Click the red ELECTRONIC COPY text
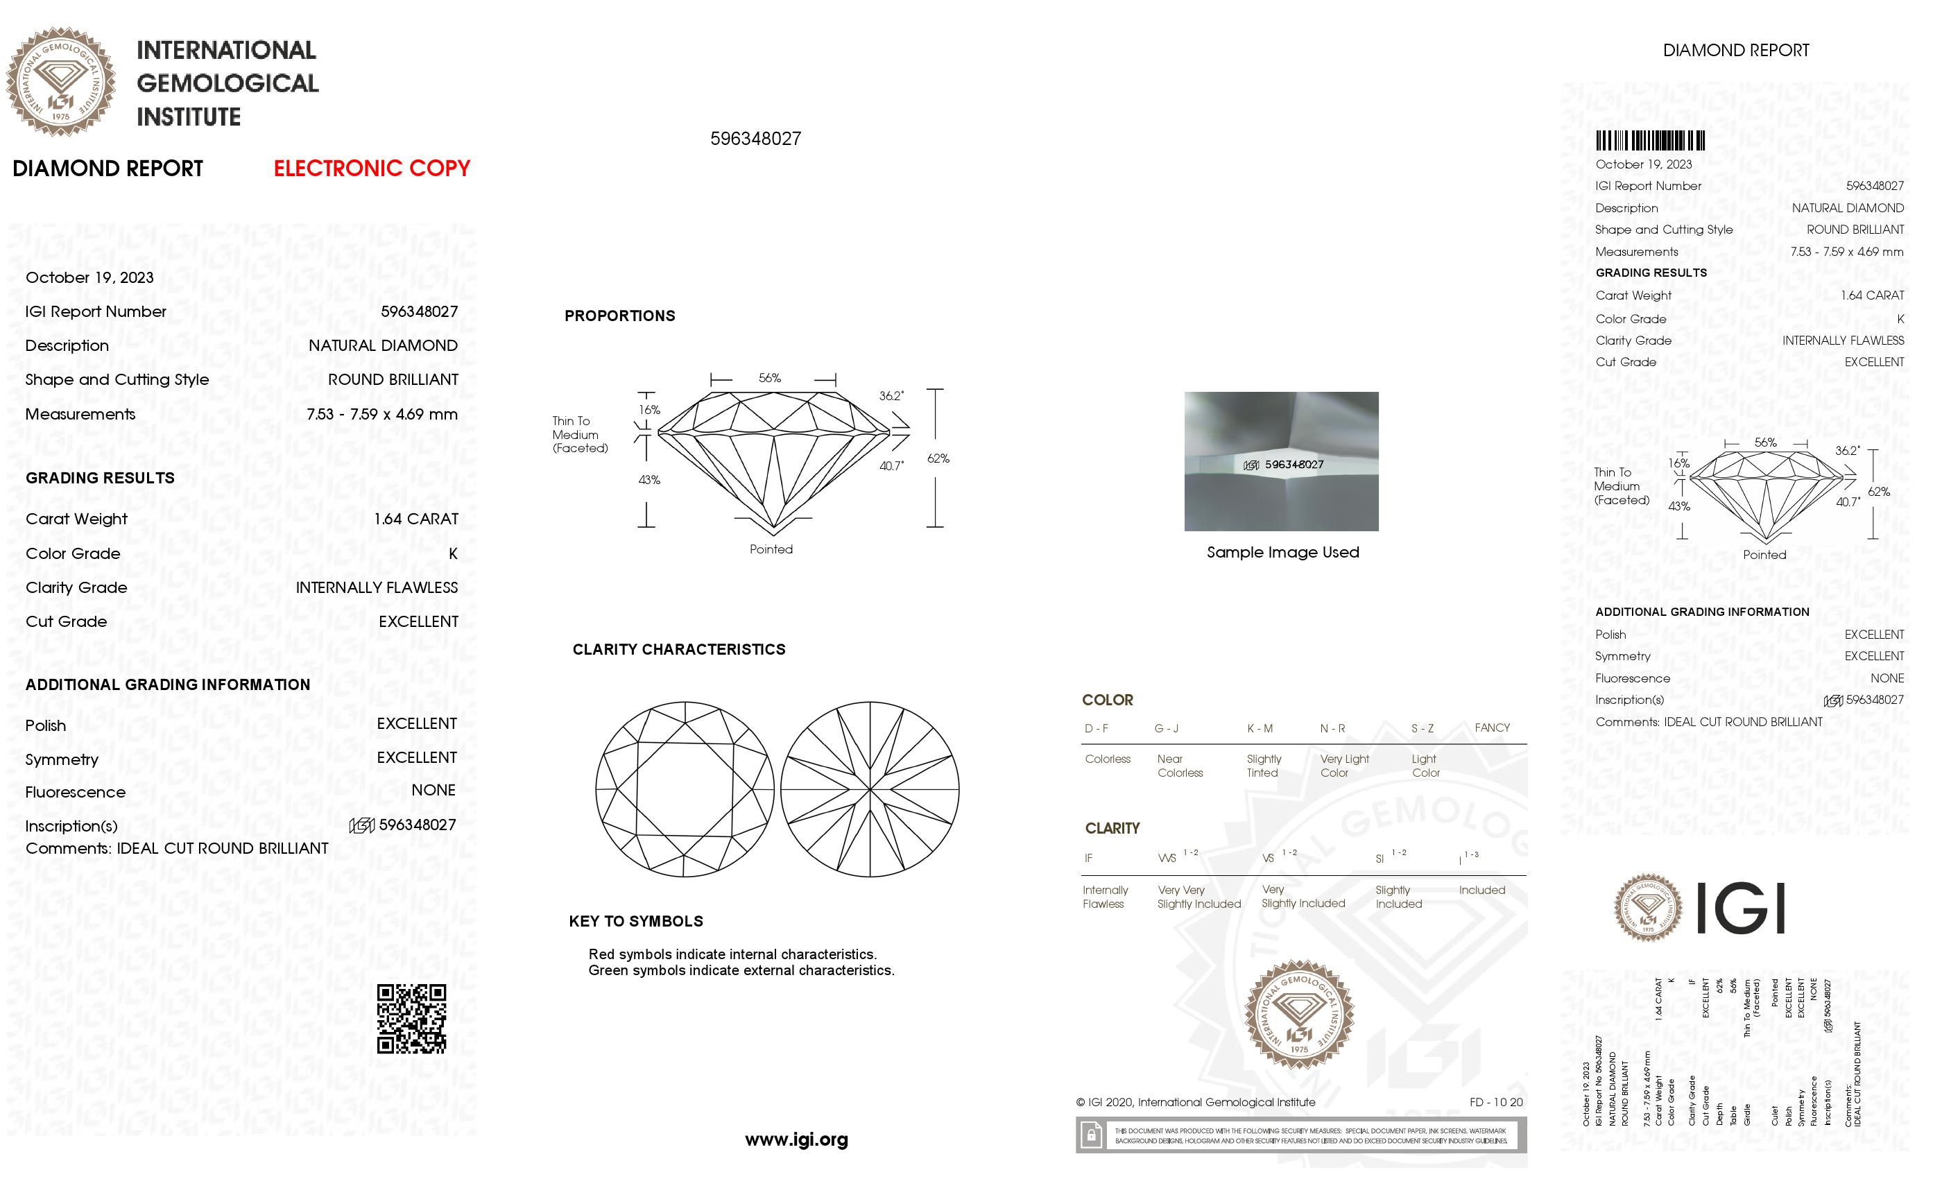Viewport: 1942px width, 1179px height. [371, 169]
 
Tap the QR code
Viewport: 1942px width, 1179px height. [411, 1018]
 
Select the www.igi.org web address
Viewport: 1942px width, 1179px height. [796, 1139]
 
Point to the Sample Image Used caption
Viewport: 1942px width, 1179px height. [1282, 553]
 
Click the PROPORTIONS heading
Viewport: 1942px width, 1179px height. [619, 316]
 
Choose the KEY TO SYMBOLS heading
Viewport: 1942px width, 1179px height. [635, 921]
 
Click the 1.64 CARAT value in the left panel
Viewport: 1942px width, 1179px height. [415, 519]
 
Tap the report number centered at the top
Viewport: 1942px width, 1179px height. [755, 139]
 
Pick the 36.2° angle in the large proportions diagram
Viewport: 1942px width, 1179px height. [891, 395]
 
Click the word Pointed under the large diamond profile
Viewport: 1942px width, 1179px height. [771, 549]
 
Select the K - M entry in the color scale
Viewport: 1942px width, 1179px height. [1260, 728]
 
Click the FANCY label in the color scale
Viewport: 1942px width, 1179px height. [1492, 728]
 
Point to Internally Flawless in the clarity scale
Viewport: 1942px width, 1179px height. [1105, 897]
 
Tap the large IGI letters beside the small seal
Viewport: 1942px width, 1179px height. [1740, 909]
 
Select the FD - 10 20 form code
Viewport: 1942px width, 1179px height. [1496, 1103]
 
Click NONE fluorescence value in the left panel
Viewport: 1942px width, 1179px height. [433, 791]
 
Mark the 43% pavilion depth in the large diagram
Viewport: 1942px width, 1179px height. [648, 480]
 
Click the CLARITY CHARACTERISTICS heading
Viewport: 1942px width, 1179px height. [678, 649]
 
